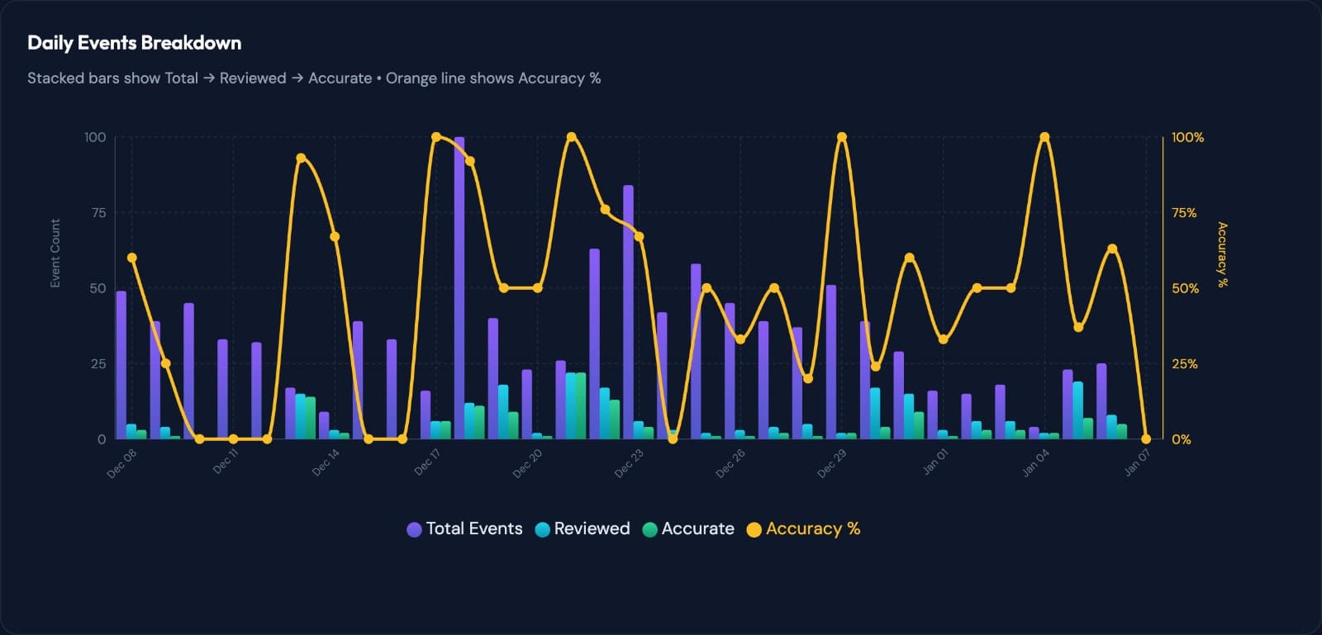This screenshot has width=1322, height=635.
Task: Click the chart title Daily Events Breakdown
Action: pos(134,43)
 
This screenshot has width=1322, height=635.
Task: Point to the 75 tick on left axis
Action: pos(98,213)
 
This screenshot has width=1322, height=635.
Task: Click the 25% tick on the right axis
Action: pos(1184,364)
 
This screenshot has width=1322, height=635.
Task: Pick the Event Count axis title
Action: pos(55,254)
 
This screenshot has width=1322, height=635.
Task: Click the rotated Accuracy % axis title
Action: pos(1222,254)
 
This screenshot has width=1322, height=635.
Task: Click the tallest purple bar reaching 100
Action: pos(459,289)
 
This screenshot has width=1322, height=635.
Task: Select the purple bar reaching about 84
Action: pos(628,314)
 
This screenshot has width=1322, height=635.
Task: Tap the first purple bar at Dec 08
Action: pos(121,363)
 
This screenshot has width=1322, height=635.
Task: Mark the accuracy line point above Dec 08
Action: pos(132,258)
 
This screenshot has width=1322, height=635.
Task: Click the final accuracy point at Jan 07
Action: pos(1145,439)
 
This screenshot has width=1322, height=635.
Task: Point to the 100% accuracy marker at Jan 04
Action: pos(1044,137)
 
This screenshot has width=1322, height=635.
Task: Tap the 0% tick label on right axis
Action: pos(1181,439)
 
